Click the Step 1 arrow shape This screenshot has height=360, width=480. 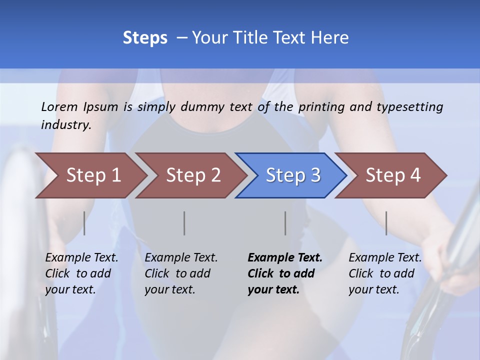93,175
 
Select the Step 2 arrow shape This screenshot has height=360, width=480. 193,175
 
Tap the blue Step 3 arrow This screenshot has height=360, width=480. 293,175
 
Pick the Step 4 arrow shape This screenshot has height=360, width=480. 393,175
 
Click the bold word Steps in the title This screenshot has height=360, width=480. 145,38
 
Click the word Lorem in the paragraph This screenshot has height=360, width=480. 59,106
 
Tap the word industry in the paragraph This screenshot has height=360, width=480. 66,125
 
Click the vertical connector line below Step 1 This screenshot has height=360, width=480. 84,223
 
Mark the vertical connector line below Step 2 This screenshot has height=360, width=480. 184,223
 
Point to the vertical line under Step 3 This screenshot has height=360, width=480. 285,223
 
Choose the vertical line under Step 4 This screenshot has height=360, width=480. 386,223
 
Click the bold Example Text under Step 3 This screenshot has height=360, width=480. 285,258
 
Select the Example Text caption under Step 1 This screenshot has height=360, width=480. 81,258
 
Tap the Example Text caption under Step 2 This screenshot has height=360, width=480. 181,258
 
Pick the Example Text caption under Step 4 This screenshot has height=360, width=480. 385,258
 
